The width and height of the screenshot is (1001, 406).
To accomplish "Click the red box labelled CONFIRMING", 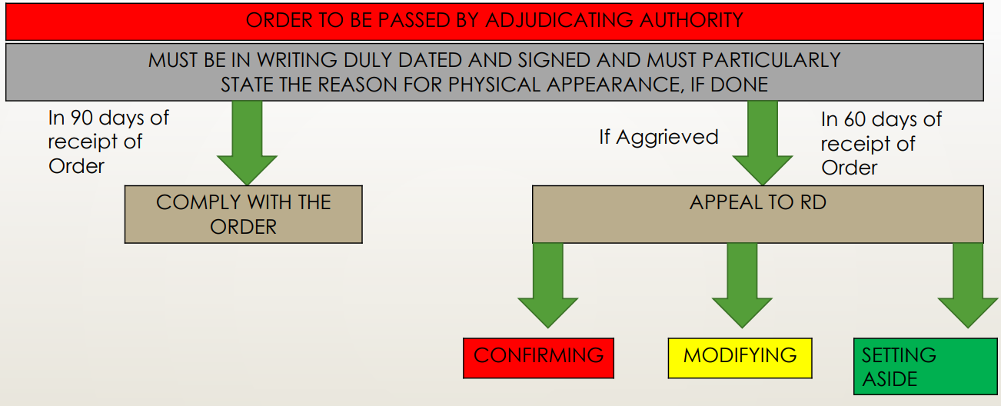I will [538, 358].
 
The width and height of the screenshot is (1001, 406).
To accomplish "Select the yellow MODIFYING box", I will [740, 358].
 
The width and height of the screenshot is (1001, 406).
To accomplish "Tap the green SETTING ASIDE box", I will [925, 367].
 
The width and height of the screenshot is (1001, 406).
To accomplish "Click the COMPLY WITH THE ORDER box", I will [243, 215].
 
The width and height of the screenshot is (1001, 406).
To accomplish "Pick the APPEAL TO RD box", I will [757, 215].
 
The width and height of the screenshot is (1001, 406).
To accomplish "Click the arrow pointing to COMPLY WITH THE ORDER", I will [247, 143].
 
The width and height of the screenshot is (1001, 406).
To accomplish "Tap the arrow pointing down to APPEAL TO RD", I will [763, 143].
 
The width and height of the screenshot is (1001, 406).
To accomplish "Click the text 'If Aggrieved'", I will [658, 138].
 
